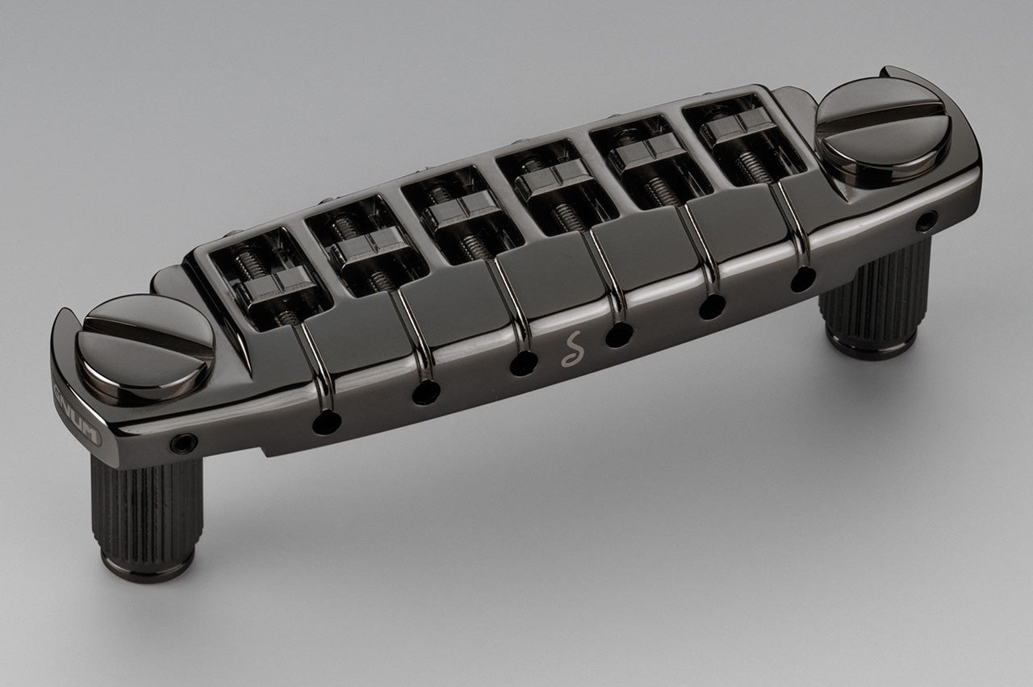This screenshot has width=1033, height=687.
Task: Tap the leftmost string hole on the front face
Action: tap(327, 421)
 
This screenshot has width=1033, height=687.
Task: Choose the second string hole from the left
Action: tap(426, 392)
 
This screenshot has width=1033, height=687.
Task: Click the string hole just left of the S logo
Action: tap(522, 363)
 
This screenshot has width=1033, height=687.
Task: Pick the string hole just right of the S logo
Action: tap(619, 334)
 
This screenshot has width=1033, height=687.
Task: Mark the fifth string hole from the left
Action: tap(712, 306)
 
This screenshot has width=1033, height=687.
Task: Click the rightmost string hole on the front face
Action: tap(803, 279)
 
